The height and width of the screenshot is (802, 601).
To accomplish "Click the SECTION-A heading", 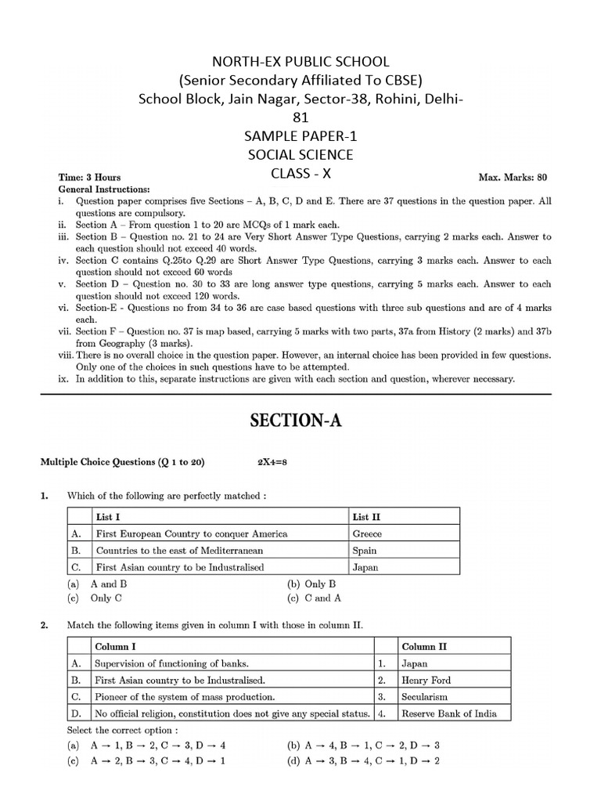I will click(x=300, y=421).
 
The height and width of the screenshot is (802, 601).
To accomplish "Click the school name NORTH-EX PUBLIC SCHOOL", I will click(x=300, y=62).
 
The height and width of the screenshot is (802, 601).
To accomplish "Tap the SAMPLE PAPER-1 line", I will click(x=300, y=137).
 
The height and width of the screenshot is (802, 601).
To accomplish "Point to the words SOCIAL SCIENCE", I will click(x=300, y=155).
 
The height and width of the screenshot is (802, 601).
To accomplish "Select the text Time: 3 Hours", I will click(x=90, y=178).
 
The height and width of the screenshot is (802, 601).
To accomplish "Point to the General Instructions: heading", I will click(x=106, y=190).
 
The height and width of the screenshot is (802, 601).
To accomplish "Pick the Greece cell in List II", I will click(x=368, y=533).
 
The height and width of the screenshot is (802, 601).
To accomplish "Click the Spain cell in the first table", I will click(x=365, y=551).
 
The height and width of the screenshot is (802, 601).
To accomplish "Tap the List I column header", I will click(x=107, y=517).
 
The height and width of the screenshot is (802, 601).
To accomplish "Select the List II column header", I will click(x=366, y=517).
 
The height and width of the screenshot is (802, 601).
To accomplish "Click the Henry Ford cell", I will click(x=426, y=680).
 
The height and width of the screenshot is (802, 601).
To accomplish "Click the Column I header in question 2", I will click(x=116, y=646).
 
